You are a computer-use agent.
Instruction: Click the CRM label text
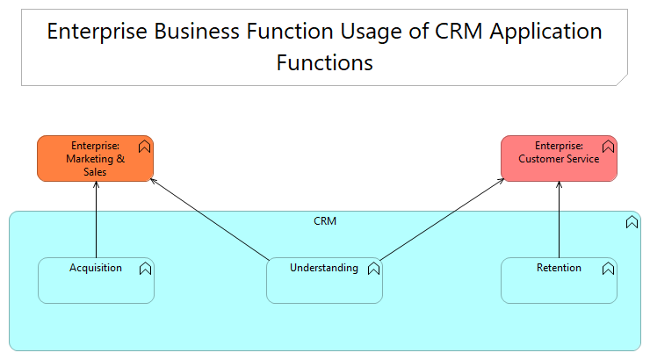click(325, 221)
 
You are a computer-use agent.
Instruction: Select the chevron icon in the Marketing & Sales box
click(145, 147)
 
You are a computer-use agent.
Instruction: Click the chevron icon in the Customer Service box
click(608, 147)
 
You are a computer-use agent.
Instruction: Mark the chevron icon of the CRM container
click(632, 222)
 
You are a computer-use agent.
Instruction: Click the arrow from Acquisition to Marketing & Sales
click(96, 220)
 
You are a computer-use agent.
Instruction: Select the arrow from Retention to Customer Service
click(559, 220)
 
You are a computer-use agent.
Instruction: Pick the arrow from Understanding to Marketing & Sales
click(211, 220)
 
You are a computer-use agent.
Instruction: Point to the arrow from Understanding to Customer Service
click(439, 220)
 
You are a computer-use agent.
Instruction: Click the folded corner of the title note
click(621, 78)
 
